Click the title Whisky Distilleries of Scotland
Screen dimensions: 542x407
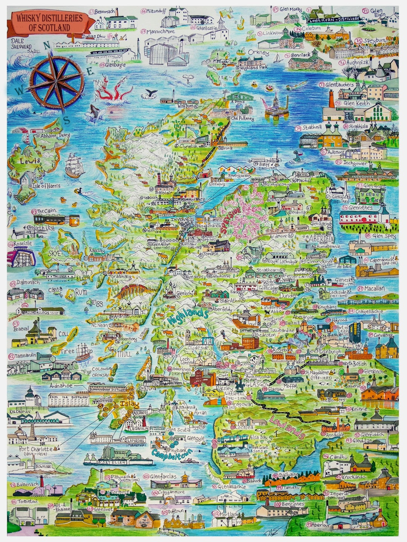pos(49,23)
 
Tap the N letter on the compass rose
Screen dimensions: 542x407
pos(47,46)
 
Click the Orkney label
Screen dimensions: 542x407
pos(258,52)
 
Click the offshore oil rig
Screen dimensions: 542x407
pos(276,105)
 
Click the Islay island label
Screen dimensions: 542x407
pos(129,405)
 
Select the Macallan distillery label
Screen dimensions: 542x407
pos(374,288)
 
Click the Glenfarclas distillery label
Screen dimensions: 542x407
pos(163,477)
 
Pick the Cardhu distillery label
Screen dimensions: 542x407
pos(338,457)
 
